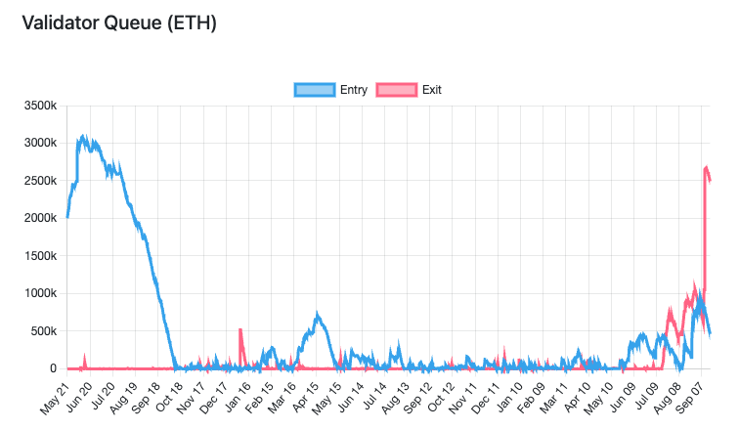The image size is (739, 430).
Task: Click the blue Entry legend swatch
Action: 314,90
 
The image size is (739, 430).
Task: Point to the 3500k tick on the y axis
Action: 39,106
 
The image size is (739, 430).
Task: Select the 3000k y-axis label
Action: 39,144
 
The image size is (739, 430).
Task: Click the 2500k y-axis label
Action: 39,181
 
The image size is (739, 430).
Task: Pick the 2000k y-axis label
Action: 39,218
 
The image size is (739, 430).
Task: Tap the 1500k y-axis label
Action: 39,256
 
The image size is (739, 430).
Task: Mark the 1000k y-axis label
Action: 39,293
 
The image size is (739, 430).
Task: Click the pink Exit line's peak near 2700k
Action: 707,167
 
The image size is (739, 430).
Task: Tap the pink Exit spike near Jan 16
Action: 240,330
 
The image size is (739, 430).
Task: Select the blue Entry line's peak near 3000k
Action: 83,138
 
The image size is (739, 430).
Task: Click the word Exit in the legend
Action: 432,90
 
